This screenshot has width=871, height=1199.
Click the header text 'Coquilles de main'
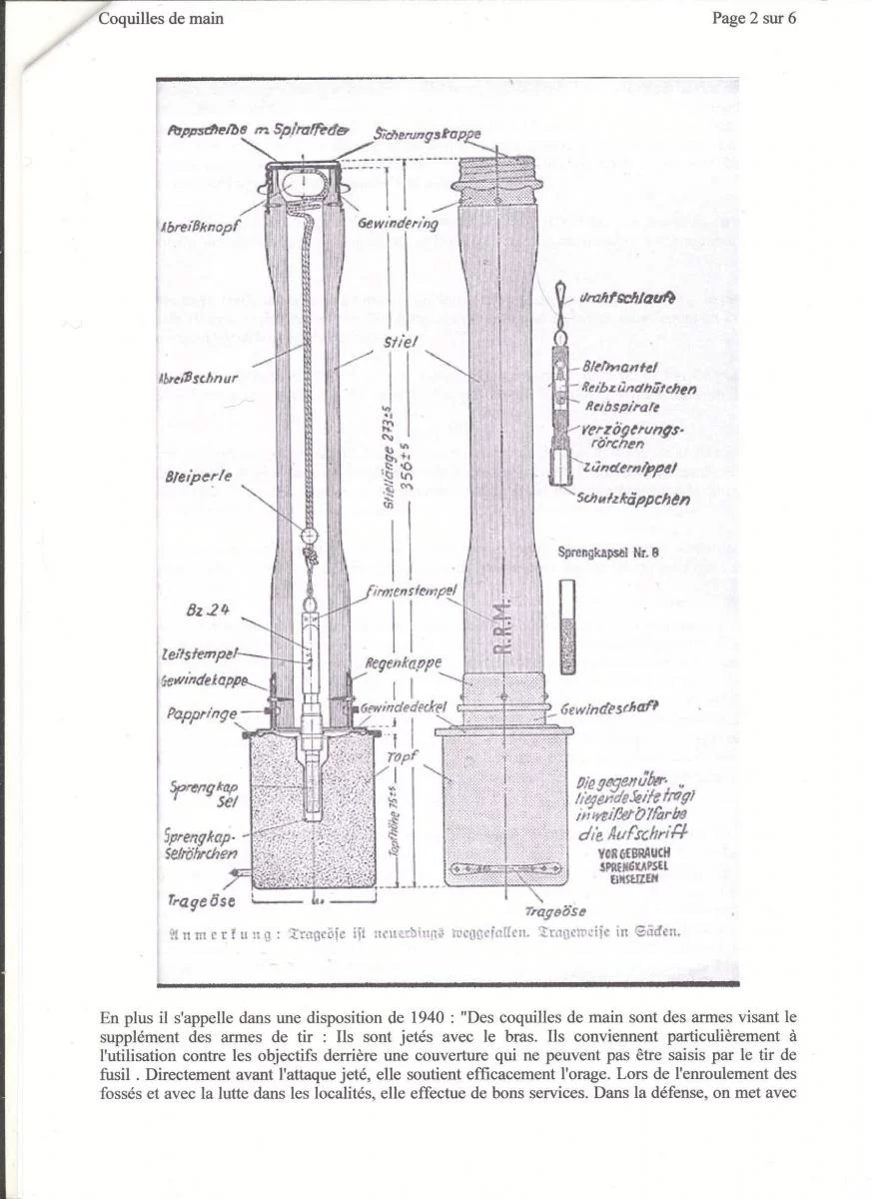click(160, 18)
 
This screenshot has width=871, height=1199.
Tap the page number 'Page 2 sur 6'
click(754, 18)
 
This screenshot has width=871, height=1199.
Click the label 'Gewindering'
click(398, 224)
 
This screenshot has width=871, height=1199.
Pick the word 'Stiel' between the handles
click(401, 343)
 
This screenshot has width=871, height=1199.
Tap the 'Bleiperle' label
click(199, 477)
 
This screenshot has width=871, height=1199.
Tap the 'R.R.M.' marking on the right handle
click(502, 626)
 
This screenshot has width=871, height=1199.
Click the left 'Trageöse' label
click(202, 900)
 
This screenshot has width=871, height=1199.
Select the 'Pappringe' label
click(202, 715)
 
